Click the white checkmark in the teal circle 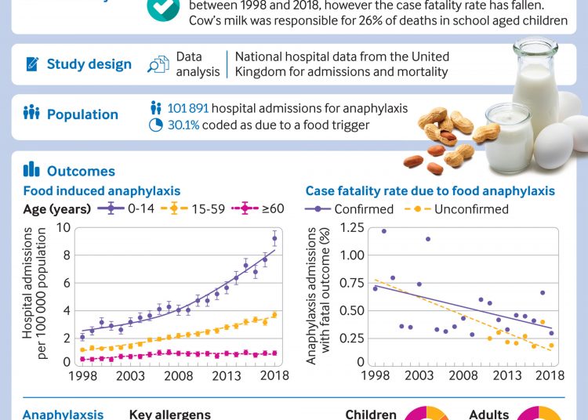point(162,6)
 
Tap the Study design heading point(89,64)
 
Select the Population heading point(82,114)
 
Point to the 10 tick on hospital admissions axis point(64,227)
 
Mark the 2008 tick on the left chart point(178,376)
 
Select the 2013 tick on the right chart point(506,376)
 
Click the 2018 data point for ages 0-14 point(274,238)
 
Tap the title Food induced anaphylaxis point(101,190)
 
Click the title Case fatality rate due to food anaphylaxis point(430,190)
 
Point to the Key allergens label point(169,414)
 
